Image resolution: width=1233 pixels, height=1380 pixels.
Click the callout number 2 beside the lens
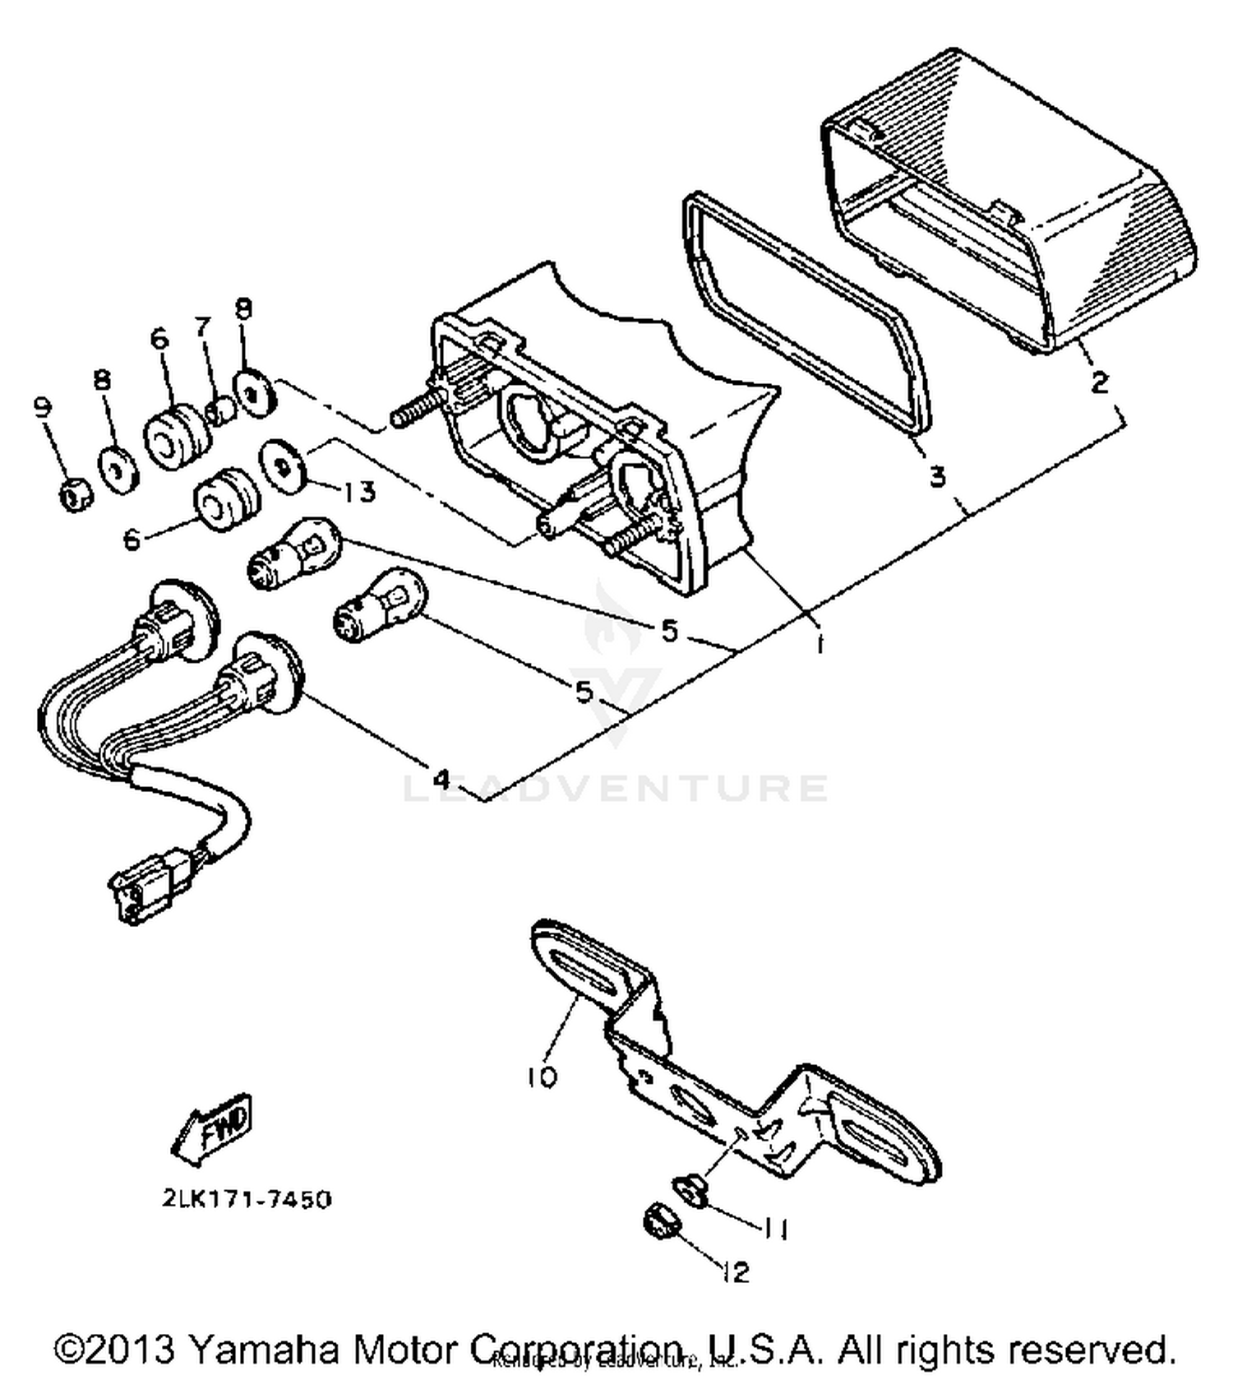click(x=1098, y=382)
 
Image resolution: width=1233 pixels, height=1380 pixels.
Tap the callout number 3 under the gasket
click(x=937, y=476)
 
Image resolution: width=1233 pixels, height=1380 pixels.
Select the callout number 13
click(x=358, y=491)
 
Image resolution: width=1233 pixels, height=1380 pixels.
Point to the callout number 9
click(x=42, y=407)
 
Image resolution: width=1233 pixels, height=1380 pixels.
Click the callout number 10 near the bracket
click(x=543, y=1077)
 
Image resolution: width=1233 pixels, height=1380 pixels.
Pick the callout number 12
click(x=736, y=1273)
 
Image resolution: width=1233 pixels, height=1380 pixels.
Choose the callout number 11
click(x=774, y=1229)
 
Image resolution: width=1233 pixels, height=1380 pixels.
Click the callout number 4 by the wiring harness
click(x=441, y=777)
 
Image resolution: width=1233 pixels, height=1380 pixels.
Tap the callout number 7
click(x=203, y=326)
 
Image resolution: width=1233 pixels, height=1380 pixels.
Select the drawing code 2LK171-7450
click(x=247, y=1199)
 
